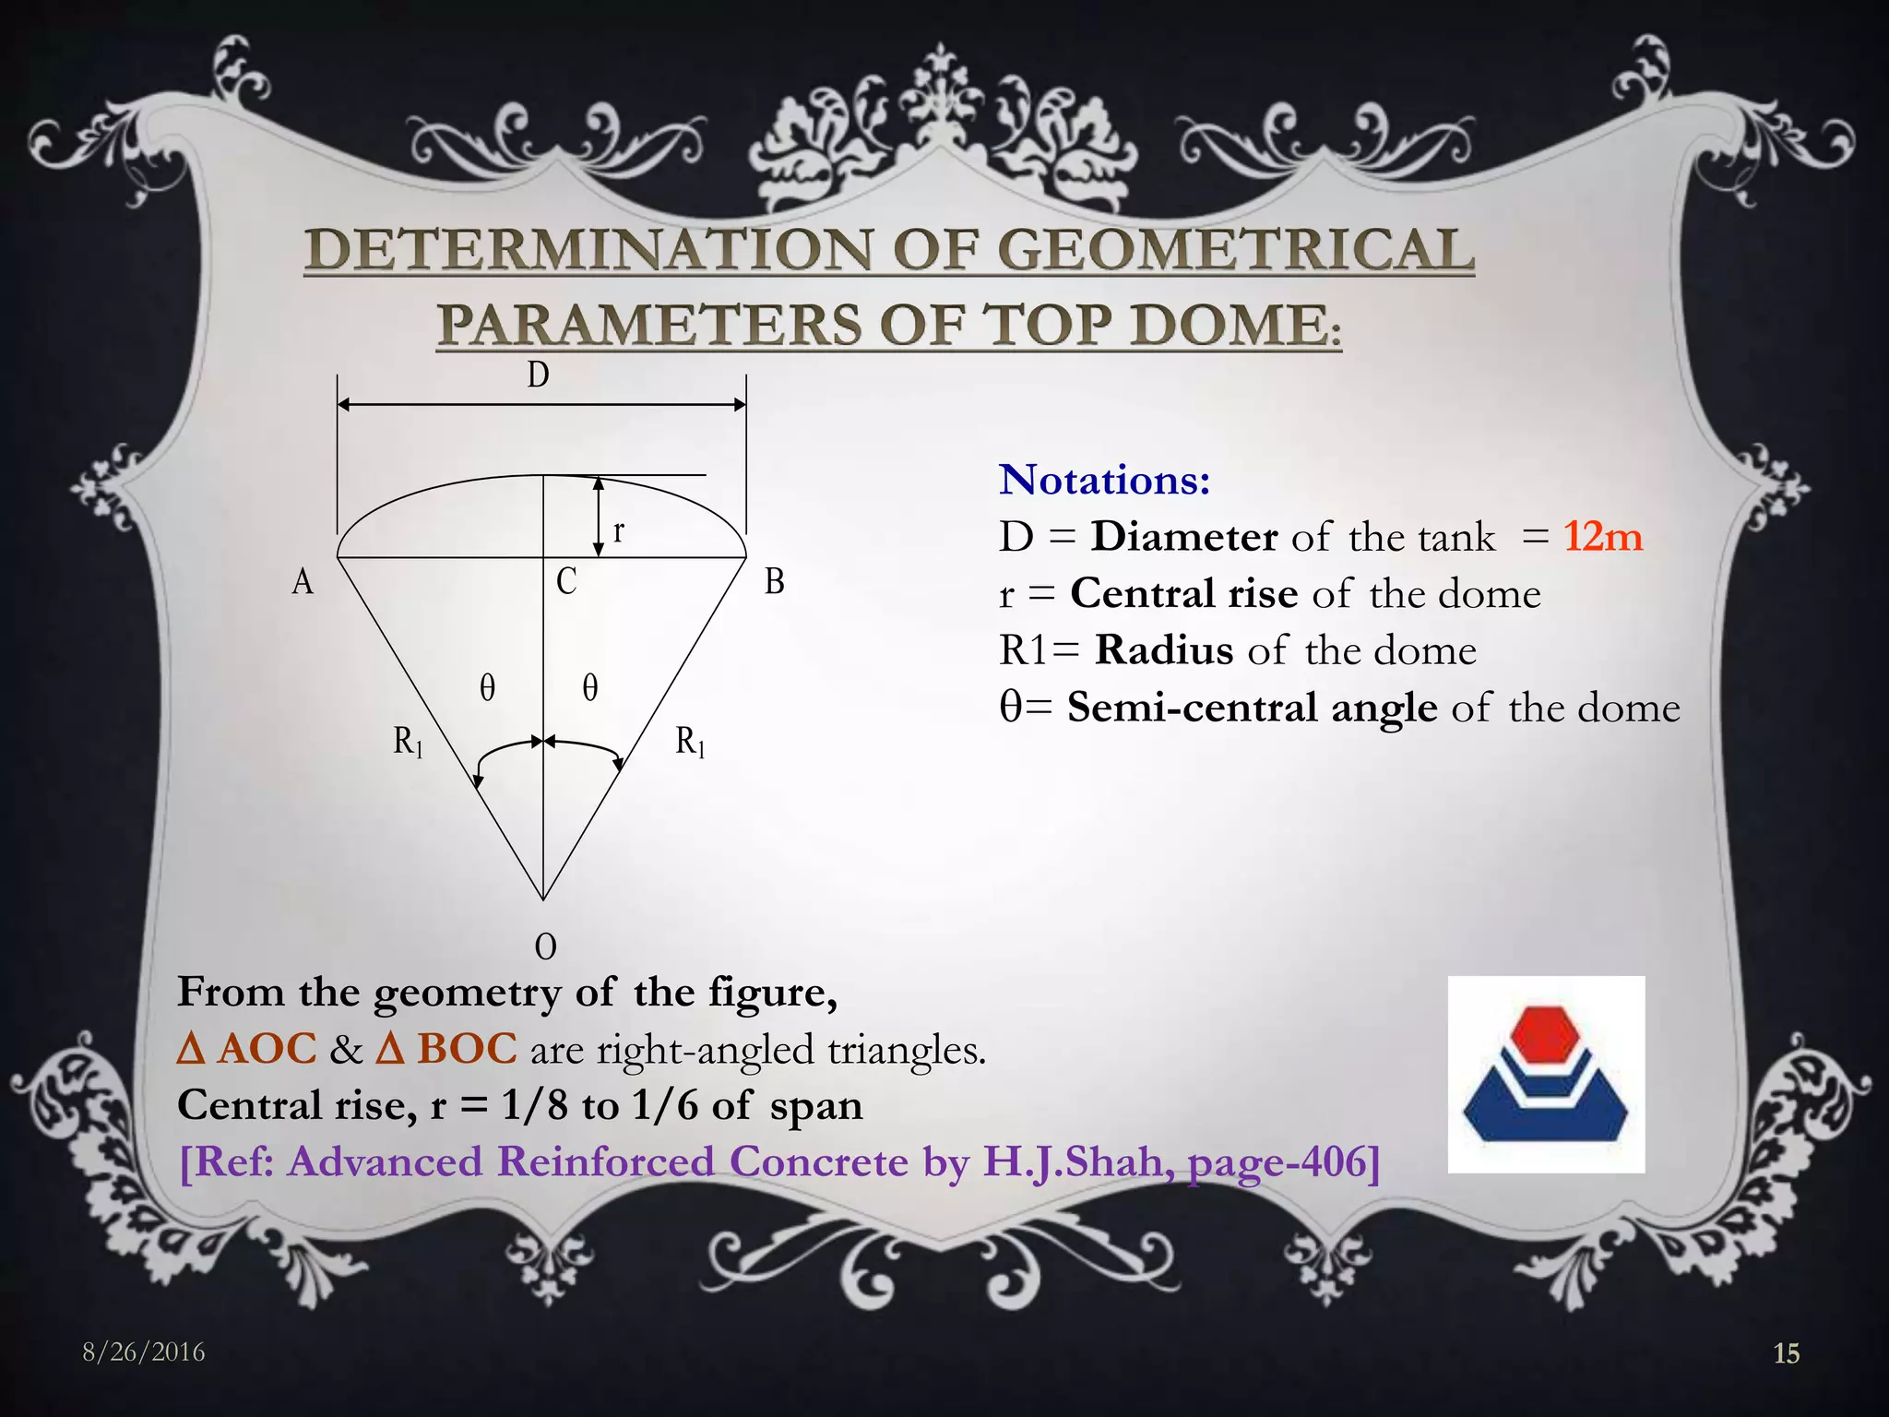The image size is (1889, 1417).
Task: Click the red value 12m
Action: coord(1603,537)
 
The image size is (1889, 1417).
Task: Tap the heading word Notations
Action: coord(1103,481)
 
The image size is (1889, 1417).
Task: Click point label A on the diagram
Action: coord(303,582)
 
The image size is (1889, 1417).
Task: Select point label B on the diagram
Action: coord(775,582)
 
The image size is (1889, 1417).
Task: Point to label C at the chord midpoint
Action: coord(566,581)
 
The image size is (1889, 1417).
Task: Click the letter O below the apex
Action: coord(545,947)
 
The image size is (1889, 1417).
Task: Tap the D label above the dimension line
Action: coord(538,375)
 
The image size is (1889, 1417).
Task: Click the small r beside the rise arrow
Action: coord(619,531)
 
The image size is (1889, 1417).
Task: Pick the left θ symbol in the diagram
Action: coord(487,688)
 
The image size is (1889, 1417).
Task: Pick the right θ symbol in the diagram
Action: coord(590,688)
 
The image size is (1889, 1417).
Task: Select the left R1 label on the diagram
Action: coord(408,742)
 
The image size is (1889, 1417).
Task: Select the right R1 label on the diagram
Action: coord(690,742)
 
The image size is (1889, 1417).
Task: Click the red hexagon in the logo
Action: coord(1545,1032)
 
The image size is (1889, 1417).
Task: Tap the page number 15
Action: coord(1786,1353)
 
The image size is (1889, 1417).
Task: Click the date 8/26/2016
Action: coord(144,1352)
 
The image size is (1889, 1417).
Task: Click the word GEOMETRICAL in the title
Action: coord(1236,251)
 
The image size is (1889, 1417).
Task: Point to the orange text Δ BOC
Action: coord(446,1050)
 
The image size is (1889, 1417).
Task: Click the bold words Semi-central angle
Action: coord(1252,708)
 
